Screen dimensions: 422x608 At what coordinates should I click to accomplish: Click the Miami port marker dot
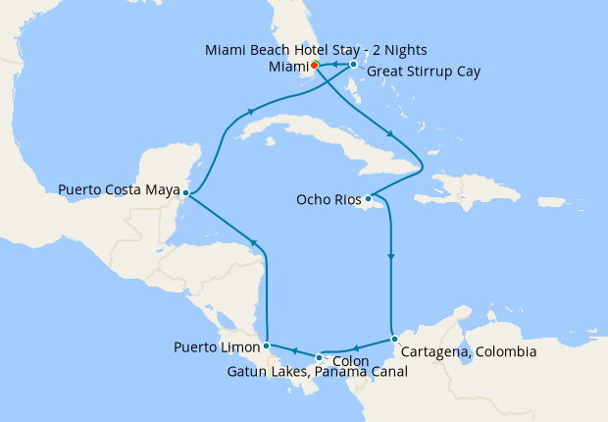click(313, 66)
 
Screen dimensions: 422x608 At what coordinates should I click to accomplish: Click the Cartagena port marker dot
click(393, 339)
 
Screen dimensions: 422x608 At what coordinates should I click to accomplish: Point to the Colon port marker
click(319, 357)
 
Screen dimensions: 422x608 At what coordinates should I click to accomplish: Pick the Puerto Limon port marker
click(264, 345)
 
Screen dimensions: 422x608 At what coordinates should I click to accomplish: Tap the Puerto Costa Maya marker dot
click(185, 193)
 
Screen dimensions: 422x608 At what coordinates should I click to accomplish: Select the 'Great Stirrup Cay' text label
click(424, 71)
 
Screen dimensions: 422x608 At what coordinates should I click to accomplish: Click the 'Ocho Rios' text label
click(328, 200)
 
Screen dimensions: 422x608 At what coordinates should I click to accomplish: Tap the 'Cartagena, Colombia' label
click(469, 350)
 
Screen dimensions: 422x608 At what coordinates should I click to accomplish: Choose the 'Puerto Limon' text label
click(216, 346)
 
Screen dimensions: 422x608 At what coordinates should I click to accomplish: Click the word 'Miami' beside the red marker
click(286, 67)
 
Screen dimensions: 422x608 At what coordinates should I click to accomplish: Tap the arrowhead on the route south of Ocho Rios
click(391, 258)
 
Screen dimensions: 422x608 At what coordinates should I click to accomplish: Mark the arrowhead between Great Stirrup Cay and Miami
click(333, 65)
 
